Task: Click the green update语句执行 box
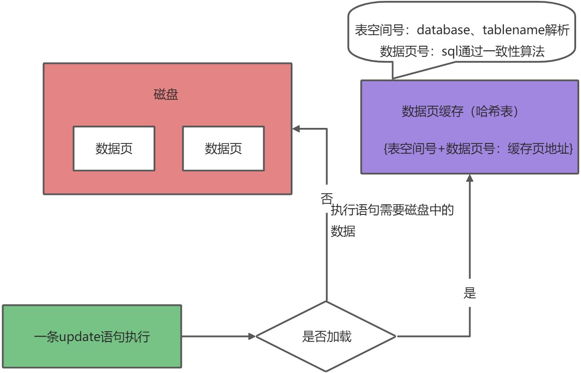[x=92, y=336]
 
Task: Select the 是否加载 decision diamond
[x=326, y=337]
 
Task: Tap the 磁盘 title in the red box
[x=166, y=95]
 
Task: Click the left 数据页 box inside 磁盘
[x=114, y=148]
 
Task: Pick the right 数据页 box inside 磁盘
[x=223, y=148]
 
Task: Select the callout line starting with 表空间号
[x=462, y=30]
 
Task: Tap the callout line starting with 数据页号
[x=462, y=52]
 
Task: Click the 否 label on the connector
[x=326, y=198]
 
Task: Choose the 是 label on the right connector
[x=469, y=293]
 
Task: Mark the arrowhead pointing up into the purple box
[x=469, y=178]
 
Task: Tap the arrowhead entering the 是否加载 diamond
[x=252, y=336]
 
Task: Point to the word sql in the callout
[x=450, y=52]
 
